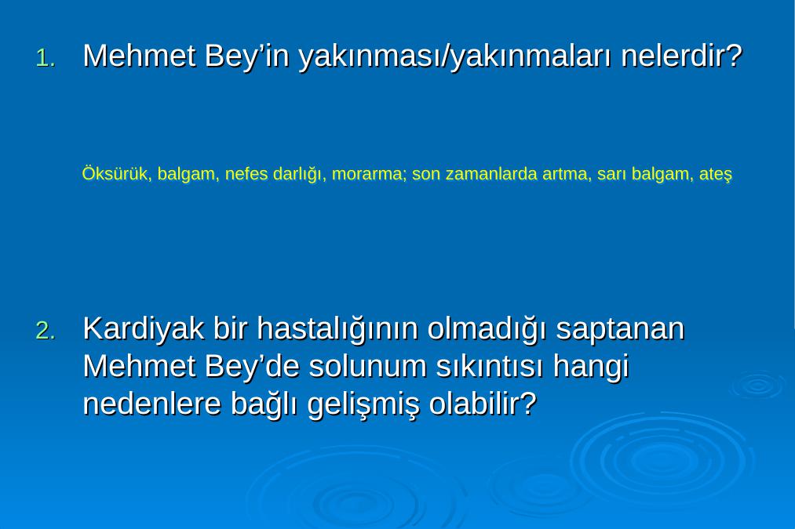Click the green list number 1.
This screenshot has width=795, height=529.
click(x=45, y=59)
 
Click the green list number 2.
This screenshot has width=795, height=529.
click(x=45, y=331)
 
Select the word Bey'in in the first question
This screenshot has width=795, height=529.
click(x=247, y=56)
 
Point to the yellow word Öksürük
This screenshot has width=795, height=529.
click(x=115, y=174)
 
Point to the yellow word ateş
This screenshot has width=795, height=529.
click(x=716, y=175)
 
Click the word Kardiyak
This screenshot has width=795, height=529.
click(x=144, y=330)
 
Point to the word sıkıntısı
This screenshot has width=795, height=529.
click(x=490, y=368)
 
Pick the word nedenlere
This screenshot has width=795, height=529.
click(x=152, y=404)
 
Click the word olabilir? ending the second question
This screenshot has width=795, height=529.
click(x=483, y=404)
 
